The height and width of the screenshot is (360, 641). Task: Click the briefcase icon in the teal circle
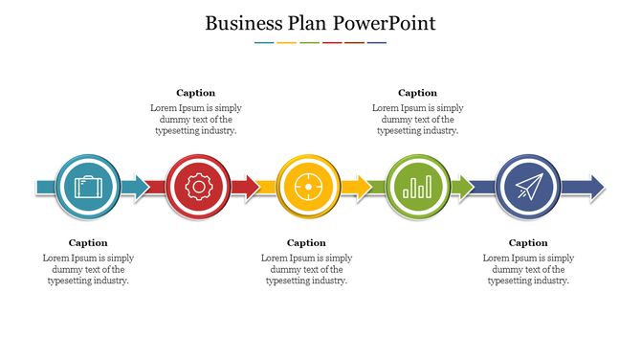point(88,186)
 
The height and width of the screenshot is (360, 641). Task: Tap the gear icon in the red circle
point(198,186)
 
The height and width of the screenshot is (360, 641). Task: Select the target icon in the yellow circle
point(308,186)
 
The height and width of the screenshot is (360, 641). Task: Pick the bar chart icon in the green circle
point(418,186)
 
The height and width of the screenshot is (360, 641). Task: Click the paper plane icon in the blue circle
point(527,186)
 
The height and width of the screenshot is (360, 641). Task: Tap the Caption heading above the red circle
point(196,93)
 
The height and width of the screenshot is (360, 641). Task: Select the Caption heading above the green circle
point(417,93)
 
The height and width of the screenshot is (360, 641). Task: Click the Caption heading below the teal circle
point(88,242)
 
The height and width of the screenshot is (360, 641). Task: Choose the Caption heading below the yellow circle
point(306,242)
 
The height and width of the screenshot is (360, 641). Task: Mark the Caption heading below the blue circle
point(528,242)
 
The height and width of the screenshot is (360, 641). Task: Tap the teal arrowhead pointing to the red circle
point(142,186)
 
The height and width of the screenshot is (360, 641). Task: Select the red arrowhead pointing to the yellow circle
point(252,186)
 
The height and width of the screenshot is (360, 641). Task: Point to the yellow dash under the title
point(286,42)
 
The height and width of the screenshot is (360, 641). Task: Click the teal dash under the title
point(264,42)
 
